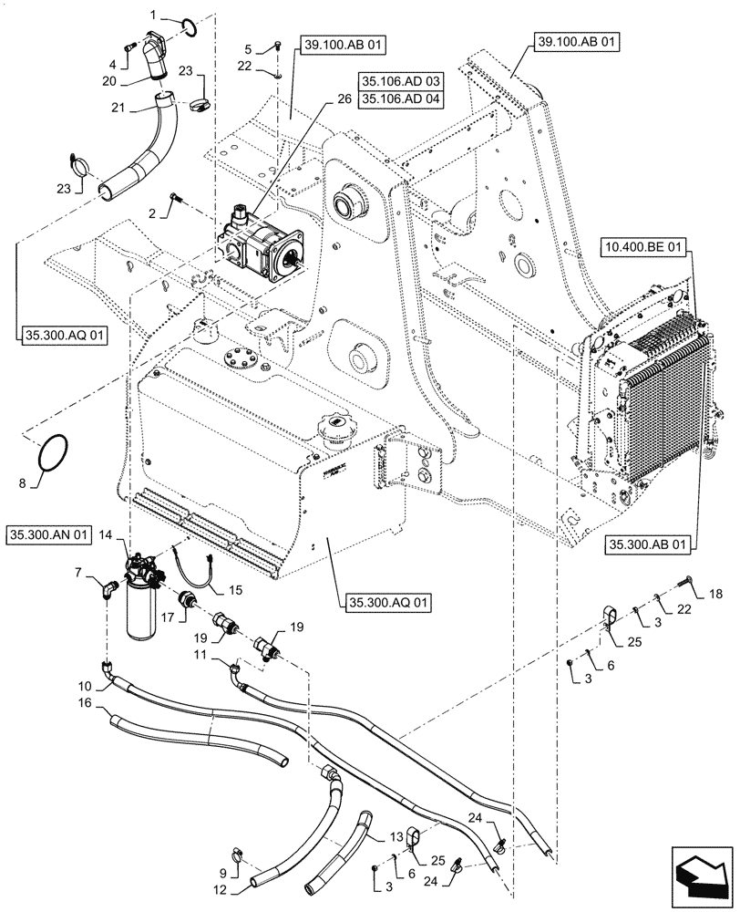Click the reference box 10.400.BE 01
tap(647, 247)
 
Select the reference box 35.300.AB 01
tap(646, 545)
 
